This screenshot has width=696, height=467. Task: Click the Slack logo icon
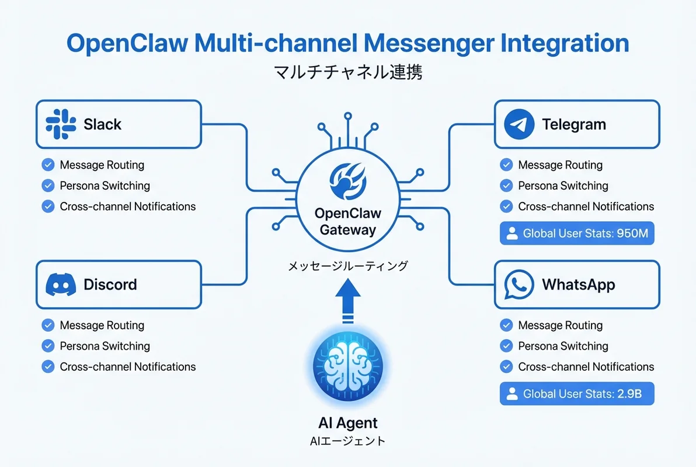(x=61, y=124)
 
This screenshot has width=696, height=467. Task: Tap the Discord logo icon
(x=61, y=285)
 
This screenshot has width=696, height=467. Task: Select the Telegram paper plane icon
(x=519, y=124)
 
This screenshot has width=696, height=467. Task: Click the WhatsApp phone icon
(x=519, y=285)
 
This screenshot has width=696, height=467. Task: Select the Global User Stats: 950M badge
(x=577, y=233)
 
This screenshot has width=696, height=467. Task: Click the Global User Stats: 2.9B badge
(x=577, y=394)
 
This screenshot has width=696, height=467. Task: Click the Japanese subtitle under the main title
(x=348, y=73)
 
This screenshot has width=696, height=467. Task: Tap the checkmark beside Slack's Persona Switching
(x=48, y=186)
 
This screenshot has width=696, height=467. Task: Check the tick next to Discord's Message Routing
(x=48, y=325)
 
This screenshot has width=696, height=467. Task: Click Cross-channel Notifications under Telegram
(x=586, y=206)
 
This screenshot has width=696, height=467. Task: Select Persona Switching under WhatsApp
(x=563, y=346)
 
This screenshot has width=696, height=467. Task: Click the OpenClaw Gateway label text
(x=348, y=221)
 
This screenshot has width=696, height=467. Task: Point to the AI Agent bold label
(x=348, y=423)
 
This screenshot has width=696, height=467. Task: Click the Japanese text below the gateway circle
(x=348, y=266)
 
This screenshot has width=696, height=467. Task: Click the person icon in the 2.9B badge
(x=512, y=394)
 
